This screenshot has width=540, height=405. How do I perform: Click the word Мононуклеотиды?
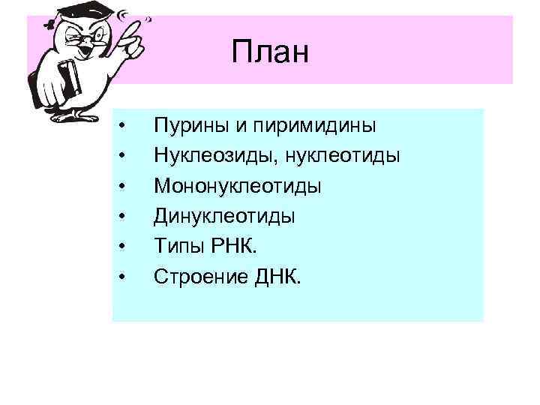click(x=238, y=185)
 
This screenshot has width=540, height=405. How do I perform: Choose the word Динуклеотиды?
click(x=224, y=216)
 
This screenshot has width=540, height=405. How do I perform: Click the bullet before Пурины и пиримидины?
click(x=122, y=125)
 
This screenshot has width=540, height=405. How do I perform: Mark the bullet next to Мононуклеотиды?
click(x=122, y=186)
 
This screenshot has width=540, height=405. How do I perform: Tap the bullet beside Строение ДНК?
click(x=122, y=277)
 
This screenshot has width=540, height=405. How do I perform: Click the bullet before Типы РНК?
click(x=122, y=247)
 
